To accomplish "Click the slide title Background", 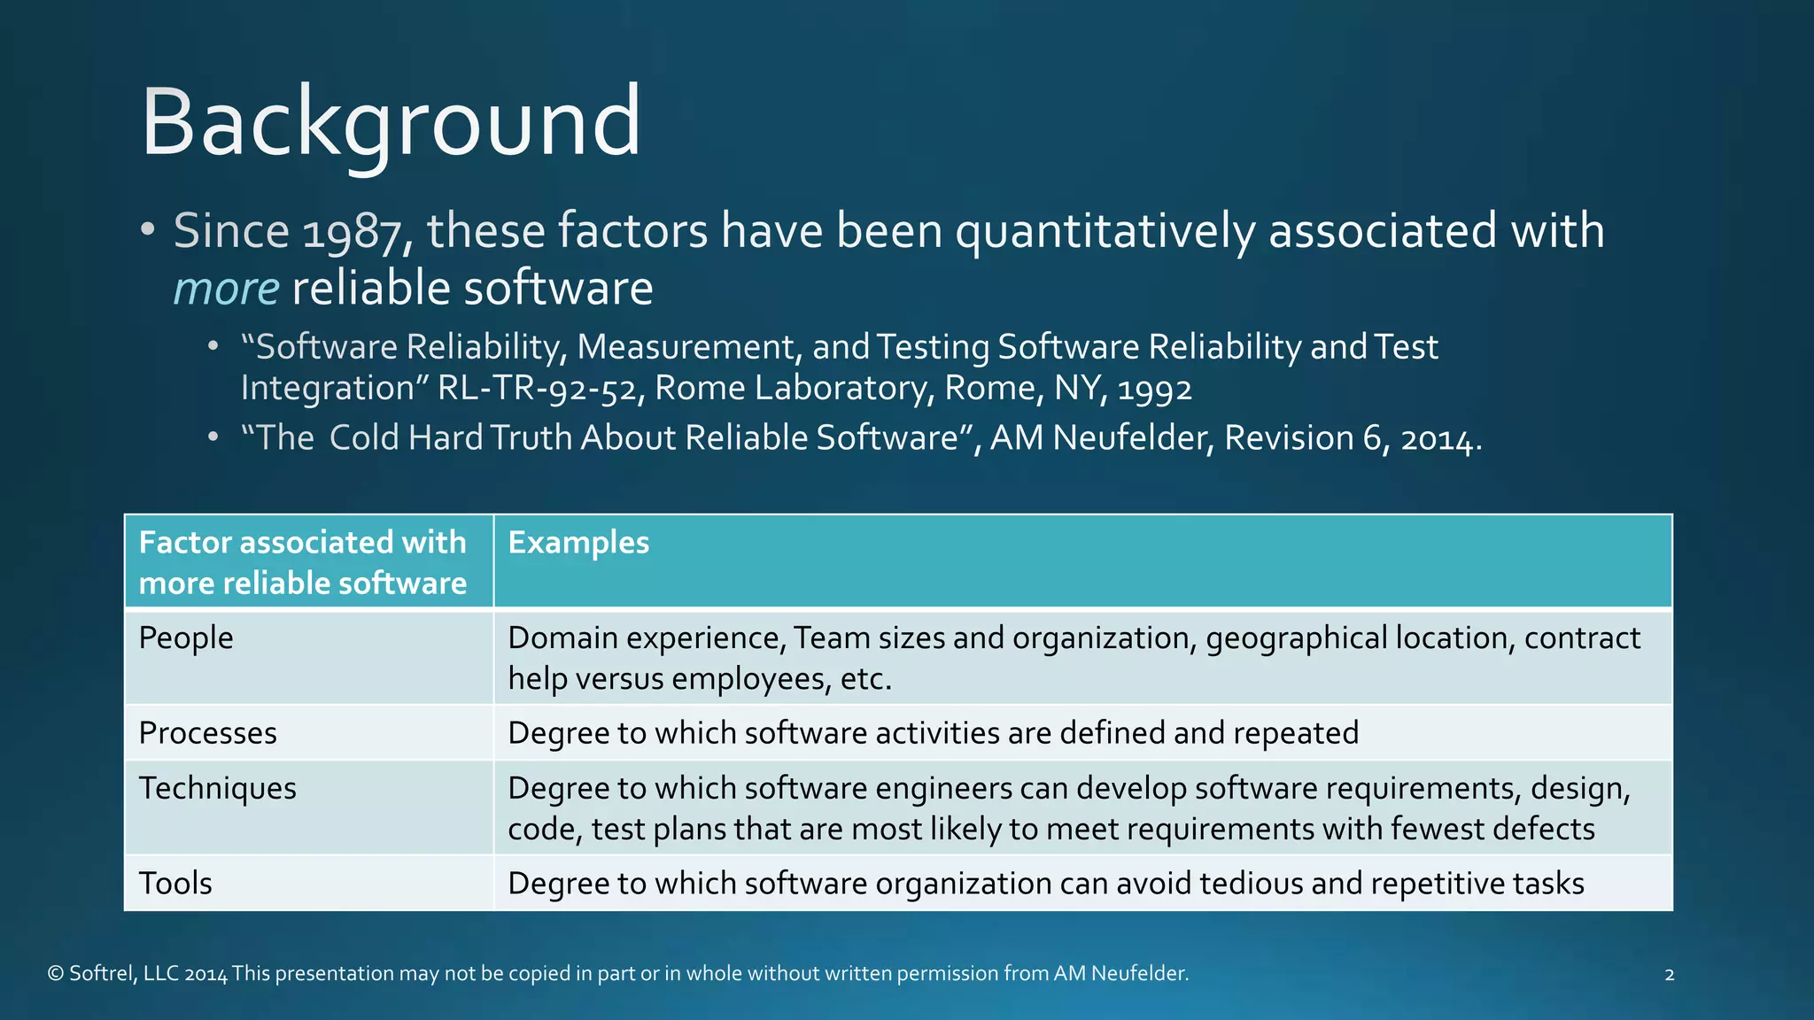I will (x=391, y=122).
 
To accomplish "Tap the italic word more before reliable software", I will (x=226, y=289).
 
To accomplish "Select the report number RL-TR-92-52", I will (x=538, y=389).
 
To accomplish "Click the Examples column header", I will (x=578, y=542).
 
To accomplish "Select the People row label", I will (x=186, y=637).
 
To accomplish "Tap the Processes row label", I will (x=208, y=733).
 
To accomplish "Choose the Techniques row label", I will (x=218, y=788).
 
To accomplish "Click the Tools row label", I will (x=175, y=884).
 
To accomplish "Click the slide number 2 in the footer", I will (x=1669, y=975).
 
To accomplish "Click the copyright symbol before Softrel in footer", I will (x=56, y=974).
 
